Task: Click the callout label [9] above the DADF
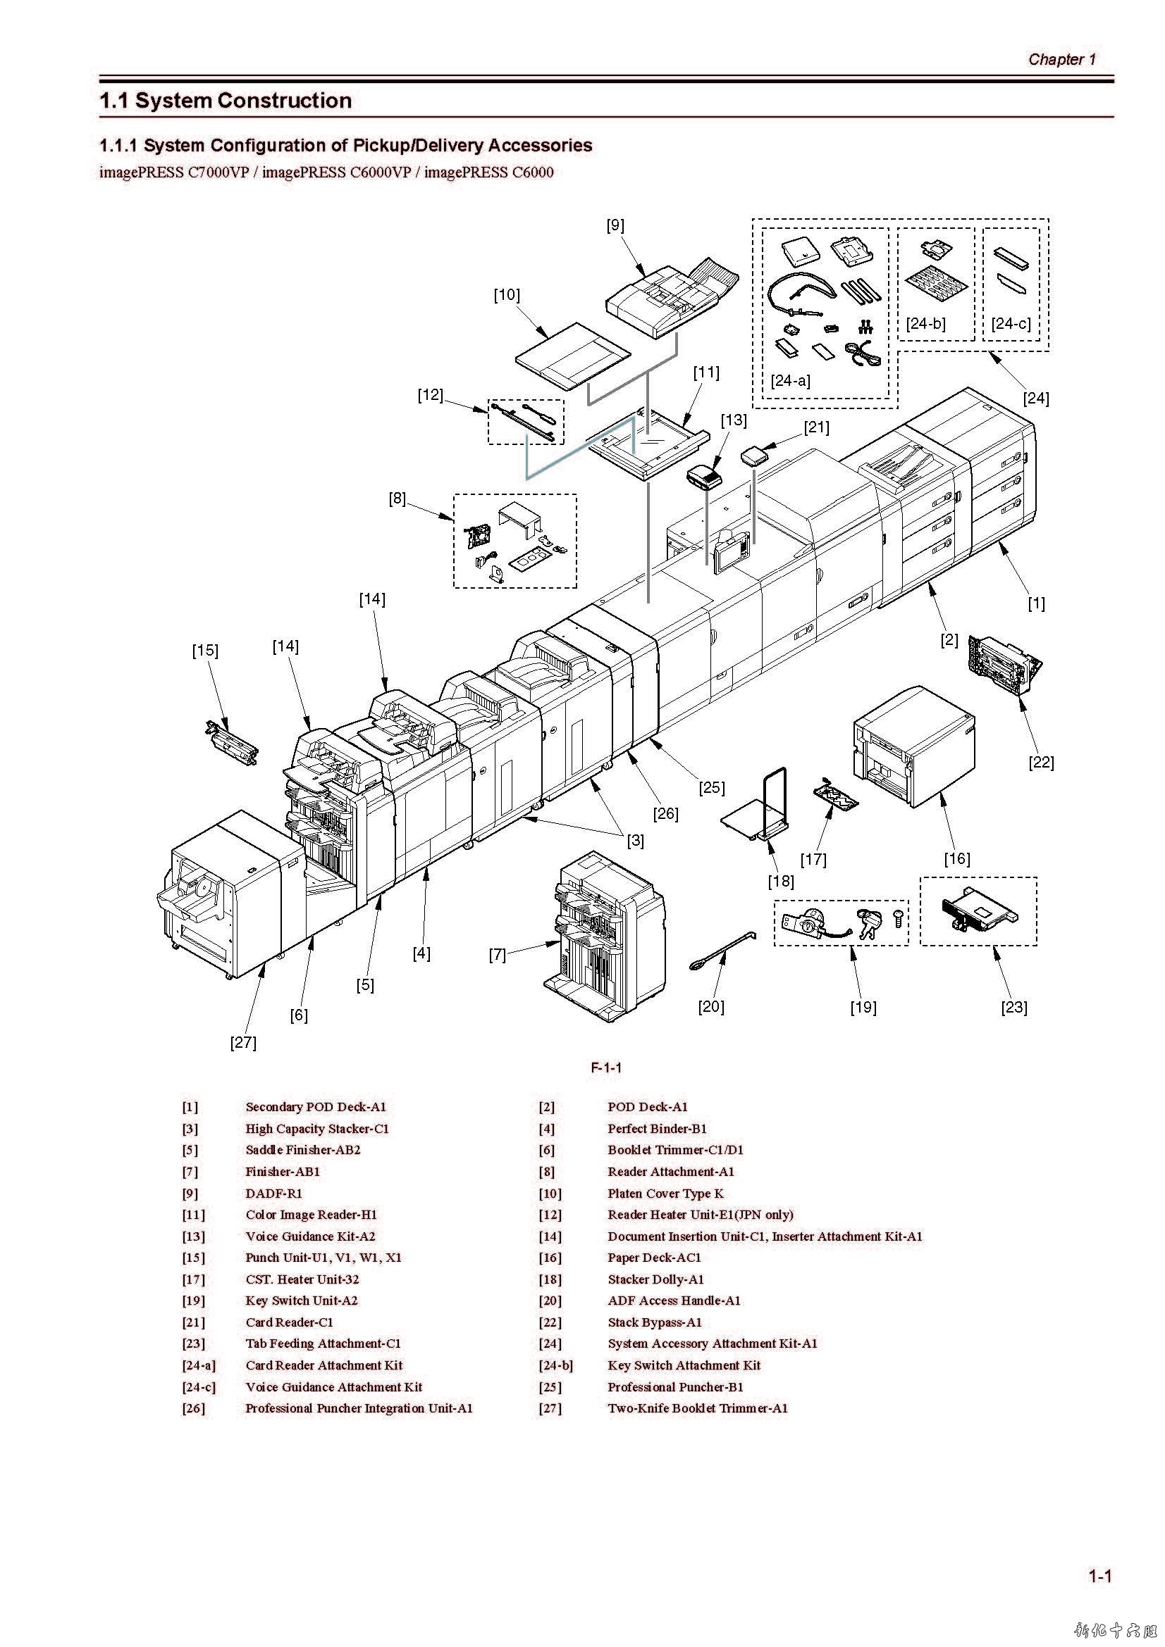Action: (615, 225)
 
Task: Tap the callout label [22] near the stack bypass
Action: (1041, 762)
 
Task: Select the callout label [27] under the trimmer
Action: (243, 1042)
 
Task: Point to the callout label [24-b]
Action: (925, 323)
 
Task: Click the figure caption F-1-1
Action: (606, 1067)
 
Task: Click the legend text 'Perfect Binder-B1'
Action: (657, 1128)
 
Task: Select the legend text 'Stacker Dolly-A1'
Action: (655, 1279)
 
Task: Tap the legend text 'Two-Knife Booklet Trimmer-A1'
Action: (697, 1408)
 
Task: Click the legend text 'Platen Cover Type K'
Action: (665, 1193)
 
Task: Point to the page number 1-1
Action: (1099, 1576)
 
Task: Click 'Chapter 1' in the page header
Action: (1061, 59)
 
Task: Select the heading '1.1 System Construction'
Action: (226, 101)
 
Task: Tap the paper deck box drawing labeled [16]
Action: (914, 746)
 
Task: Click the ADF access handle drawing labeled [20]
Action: (721, 952)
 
